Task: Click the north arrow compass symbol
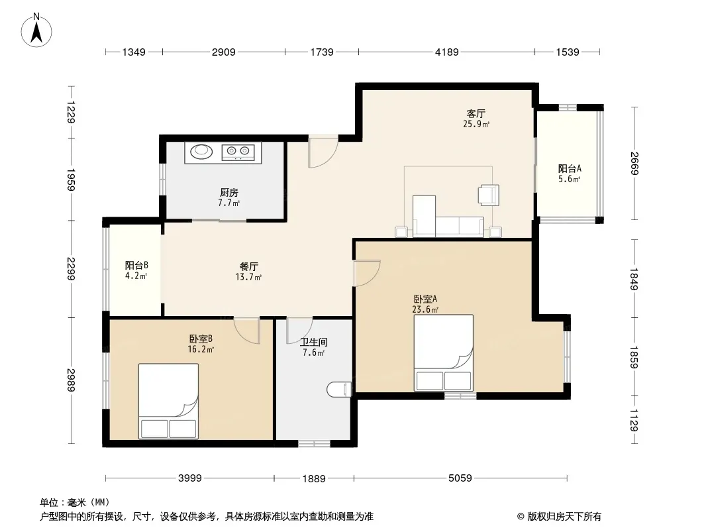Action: click(x=36, y=30)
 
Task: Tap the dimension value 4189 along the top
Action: click(x=446, y=52)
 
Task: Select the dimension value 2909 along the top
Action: click(x=224, y=52)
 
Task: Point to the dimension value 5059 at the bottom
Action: click(x=460, y=478)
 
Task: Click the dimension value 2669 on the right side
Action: click(x=634, y=164)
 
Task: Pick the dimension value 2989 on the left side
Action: click(x=71, y=380)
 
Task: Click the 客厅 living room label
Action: click(x=476, y=113)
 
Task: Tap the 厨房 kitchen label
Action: click(x=228, y=193)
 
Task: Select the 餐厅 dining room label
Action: click(x=248, y=266)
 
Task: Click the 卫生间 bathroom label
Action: click(x=314, y=343)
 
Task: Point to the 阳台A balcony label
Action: click(x=570, y=169)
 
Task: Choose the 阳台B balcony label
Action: click(x=136, y=266)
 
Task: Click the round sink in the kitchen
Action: click(x=202, y=151)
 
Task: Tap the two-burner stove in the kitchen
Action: click(x=238, y=152)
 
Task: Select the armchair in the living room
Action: click(x=489, y=195)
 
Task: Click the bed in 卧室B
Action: click(x=168, y=401)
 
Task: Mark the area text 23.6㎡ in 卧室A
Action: click(x=425, y=309)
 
